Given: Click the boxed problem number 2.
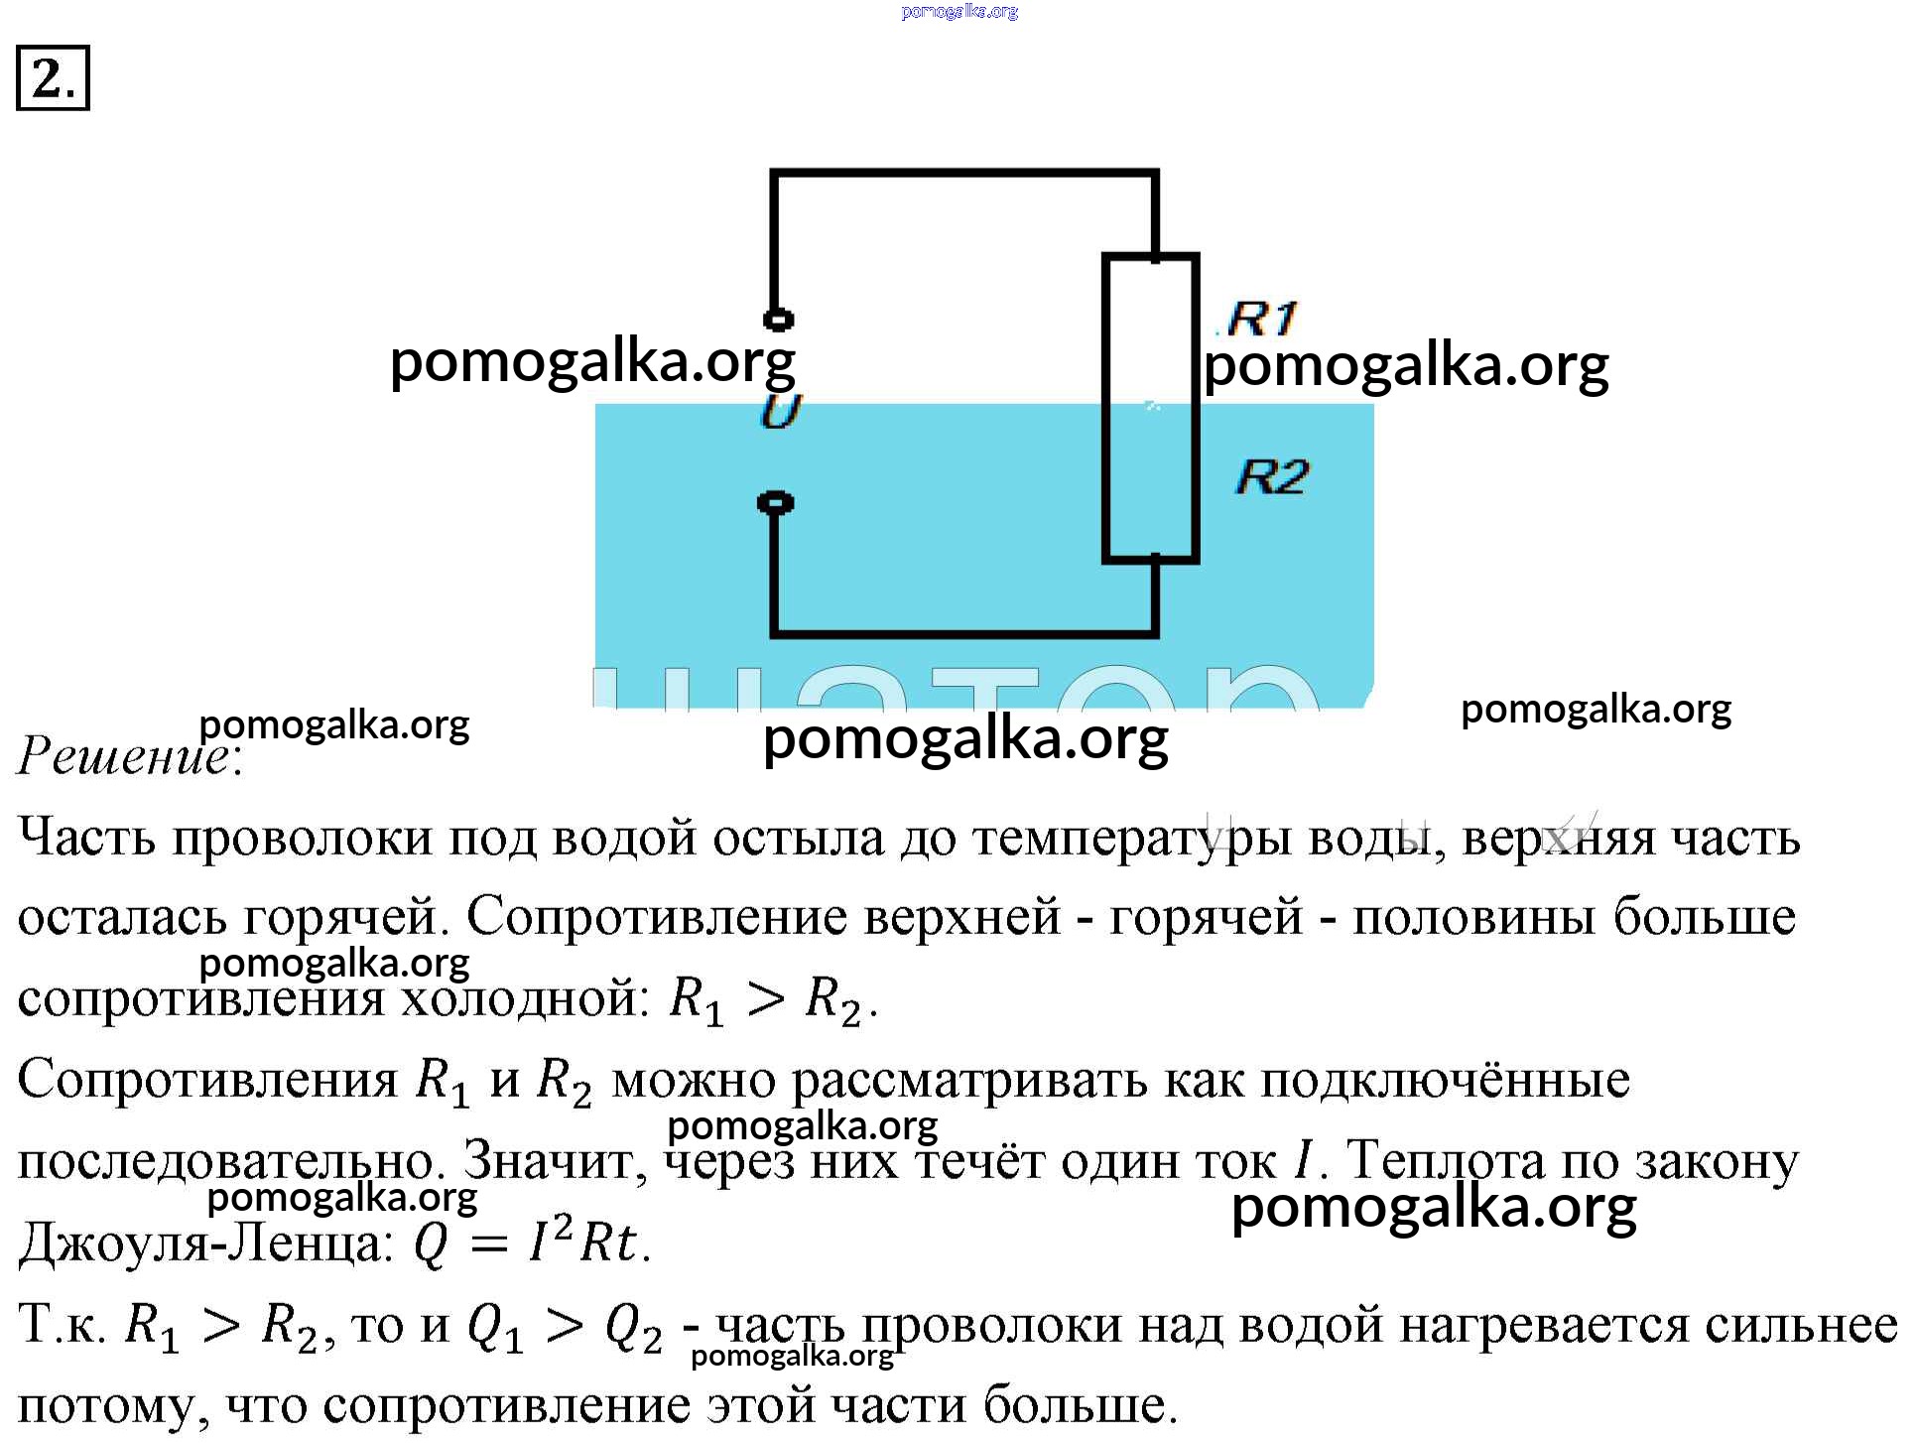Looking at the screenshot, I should pos(53,77).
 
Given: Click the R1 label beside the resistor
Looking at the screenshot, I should pos(1261,319).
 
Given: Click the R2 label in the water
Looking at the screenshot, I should pos(1272,477).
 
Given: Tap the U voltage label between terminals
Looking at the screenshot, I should pos(781,410).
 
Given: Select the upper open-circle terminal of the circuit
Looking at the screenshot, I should pos(778,320).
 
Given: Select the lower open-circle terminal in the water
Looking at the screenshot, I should pos(775,503).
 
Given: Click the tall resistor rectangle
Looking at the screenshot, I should pos(1151,408).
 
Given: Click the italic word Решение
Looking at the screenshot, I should pos(124,756).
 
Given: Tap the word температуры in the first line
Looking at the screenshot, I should pos(1132,839).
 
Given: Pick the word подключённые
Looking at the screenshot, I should pos(1444,1080).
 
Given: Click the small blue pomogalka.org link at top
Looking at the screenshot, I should pos(959,12).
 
